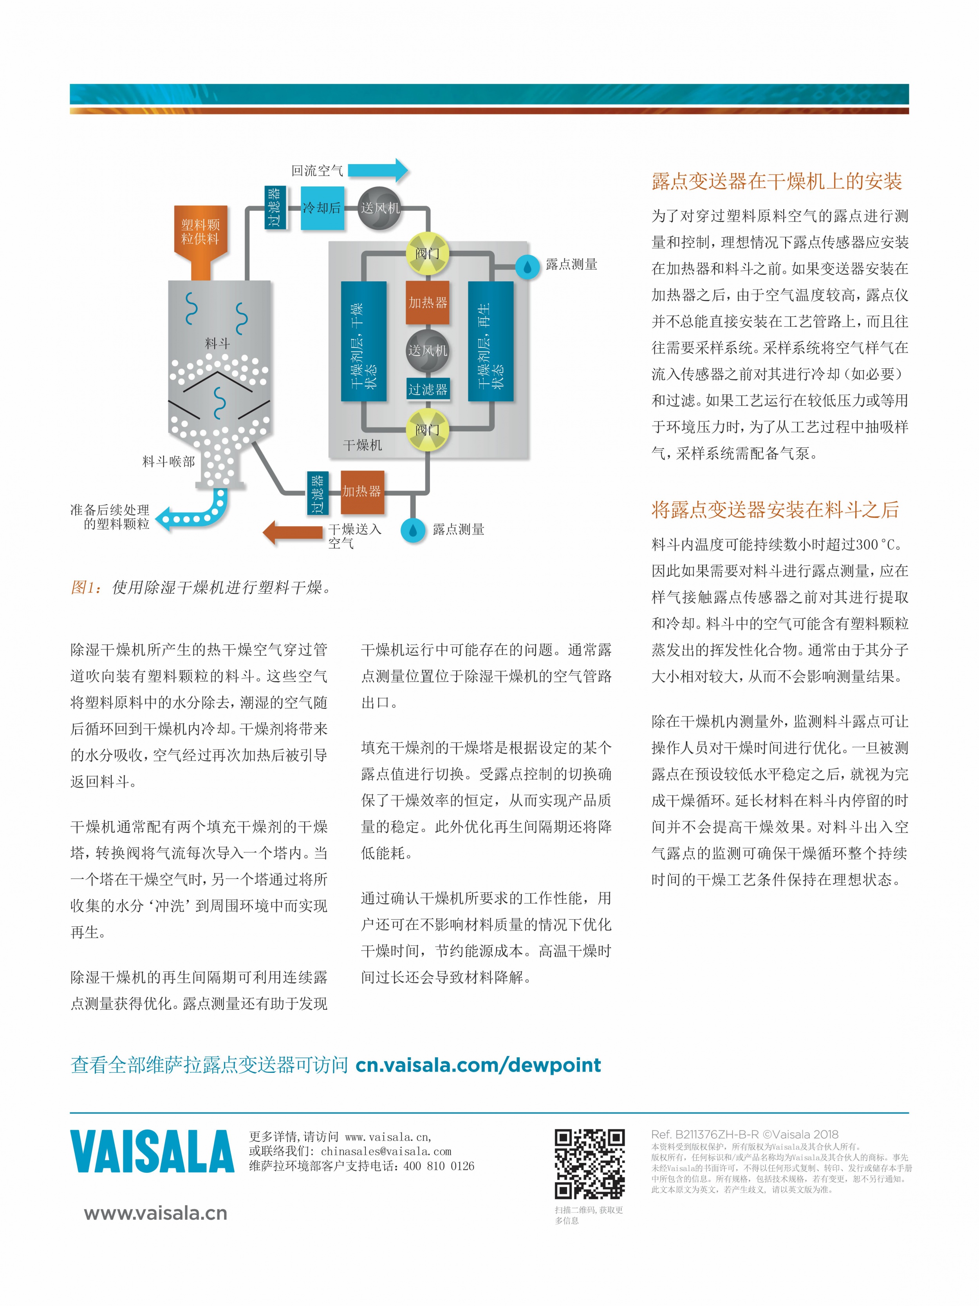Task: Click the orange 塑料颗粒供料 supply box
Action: tap(200, 242)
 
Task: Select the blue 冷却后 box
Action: tap(322, 208)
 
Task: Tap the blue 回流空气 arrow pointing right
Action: tap(378, 170)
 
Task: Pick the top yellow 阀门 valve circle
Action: tap(428, 253)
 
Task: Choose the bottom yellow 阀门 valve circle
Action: tap(428, 429)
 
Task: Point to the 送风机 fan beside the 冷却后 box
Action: tap(379, 208)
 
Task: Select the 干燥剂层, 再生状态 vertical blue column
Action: tap(490, 341)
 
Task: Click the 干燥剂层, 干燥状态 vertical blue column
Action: tap(364, 341)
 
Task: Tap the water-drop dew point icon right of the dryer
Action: tap(527, 267)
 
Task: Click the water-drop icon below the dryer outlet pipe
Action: tap(413, 530)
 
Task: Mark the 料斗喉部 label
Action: tap(168, 462)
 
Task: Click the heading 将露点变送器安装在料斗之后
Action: tap(775, 509)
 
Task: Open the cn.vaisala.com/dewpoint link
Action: tap(478, 1065)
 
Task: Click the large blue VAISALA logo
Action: tap(152, 1151)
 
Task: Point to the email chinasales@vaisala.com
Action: tap(386, 1151)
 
